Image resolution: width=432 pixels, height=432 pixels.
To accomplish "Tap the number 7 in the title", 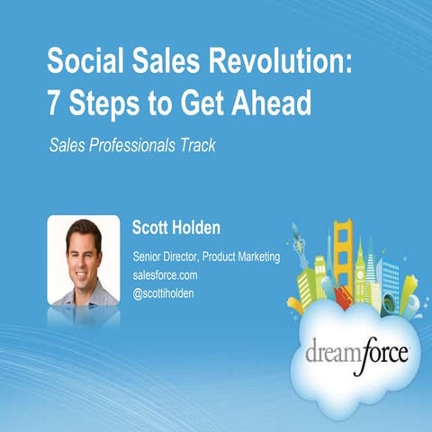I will tap(54, 104).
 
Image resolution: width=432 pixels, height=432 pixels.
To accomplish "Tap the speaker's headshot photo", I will tap(84, 260).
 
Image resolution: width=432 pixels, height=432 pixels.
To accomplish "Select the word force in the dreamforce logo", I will tap(379, 351).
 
